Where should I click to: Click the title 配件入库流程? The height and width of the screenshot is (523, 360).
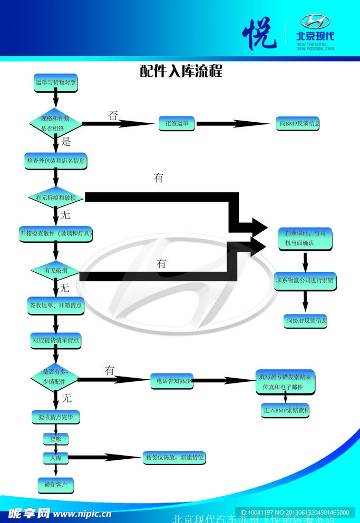(181, 71)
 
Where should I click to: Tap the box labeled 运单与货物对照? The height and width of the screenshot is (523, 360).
(55, 83)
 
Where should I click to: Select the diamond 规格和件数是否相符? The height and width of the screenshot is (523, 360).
(55, 124)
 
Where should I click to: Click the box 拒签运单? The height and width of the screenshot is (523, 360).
(177, 123)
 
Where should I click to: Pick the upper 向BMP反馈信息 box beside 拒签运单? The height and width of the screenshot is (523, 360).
(299, 124)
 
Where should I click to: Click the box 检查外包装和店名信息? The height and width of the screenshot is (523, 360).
(55, 161)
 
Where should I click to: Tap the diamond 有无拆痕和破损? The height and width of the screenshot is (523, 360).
(55, 198)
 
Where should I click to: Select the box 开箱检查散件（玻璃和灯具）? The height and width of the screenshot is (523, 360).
(55, 233)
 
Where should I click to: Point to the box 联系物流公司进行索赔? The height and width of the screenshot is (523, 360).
(305, 281)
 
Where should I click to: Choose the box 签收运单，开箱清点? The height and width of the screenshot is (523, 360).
(55, 304)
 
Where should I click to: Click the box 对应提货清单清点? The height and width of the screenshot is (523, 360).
(55, 340)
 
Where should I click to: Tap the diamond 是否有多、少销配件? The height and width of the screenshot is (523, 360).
(55, 377)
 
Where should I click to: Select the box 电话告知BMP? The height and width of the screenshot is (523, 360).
(172, 380)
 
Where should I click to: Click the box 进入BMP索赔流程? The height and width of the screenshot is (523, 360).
(285, 410)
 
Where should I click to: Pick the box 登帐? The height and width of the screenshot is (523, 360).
(55, 438)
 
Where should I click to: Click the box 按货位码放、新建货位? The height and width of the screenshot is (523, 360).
(174, 458)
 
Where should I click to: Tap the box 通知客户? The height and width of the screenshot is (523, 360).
(55, 484)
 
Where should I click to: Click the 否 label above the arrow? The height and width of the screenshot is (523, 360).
(113, 115)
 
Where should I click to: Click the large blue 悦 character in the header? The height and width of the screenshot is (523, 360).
(259, 34)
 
